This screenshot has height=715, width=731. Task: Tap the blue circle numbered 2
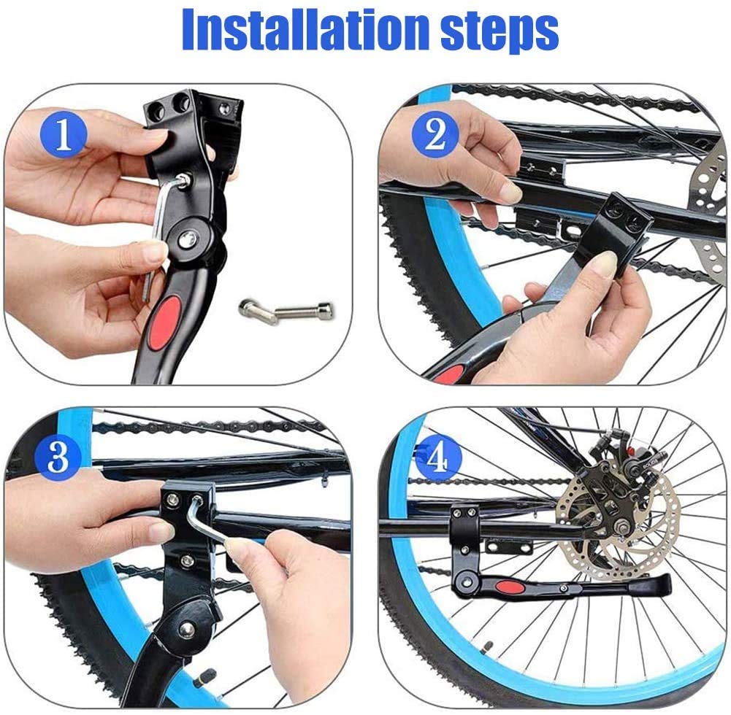pos(436,134)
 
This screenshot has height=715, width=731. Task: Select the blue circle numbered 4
pos(436,458)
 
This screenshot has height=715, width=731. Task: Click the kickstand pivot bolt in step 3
pos(188,627)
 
